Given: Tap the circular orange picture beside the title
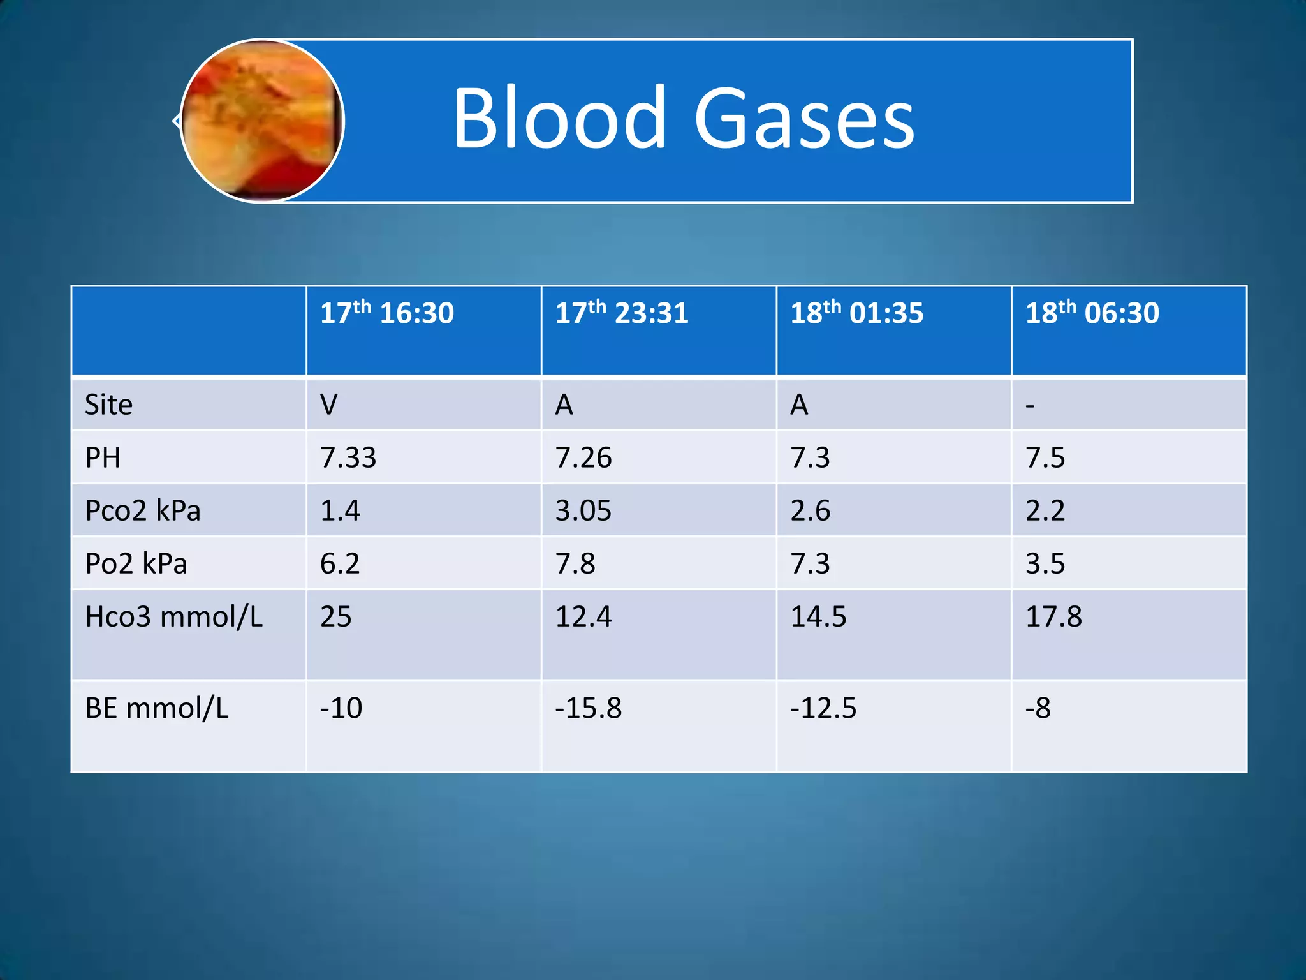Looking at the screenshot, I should click(262, 121).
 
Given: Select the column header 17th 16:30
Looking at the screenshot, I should click(386, 313).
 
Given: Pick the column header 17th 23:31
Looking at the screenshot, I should click(622, 313).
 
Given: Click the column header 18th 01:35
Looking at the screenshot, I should click(856, 313).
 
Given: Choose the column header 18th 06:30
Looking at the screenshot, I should click(1092, 313).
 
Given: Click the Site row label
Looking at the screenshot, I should click(109, 405).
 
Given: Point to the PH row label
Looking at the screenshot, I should click(103, 457).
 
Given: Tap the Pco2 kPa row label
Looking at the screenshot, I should click(143, 510).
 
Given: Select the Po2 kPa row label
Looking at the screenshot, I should click(136, 563).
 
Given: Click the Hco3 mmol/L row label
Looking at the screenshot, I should click(173, 616).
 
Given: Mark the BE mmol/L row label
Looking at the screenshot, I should click(157, 708).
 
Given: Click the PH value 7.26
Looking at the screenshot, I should click(583, 457).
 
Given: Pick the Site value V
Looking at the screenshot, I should click(329, 405).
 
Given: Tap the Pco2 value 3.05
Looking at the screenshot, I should click(583, 510).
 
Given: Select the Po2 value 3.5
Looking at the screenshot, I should click(1045, 563).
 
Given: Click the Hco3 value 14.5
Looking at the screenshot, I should click(818, 616).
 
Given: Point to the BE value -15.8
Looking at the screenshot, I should click(588, 708).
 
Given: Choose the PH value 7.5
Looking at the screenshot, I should click(1045, 457).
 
